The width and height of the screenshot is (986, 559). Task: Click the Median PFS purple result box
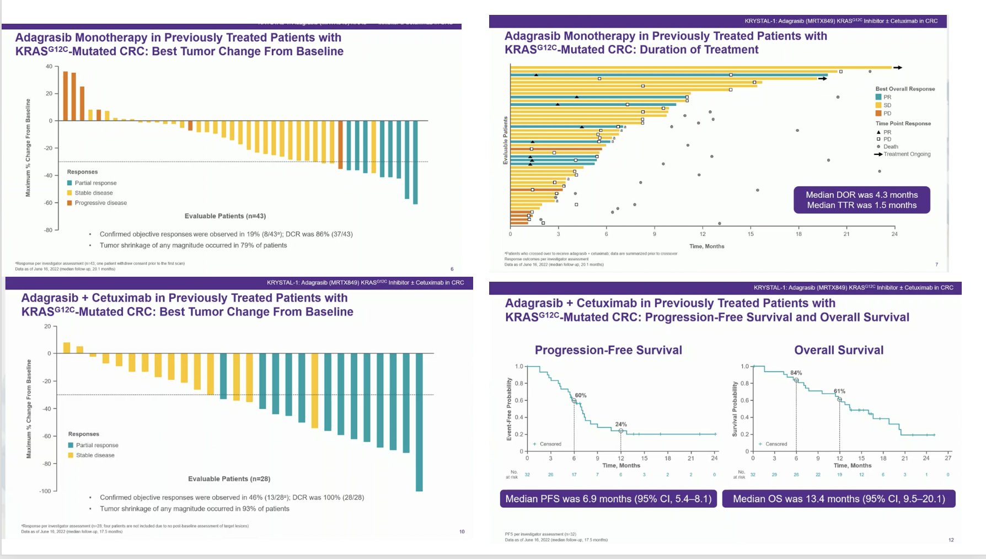pos(608,499)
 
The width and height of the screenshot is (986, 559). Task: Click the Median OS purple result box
pos(839,499)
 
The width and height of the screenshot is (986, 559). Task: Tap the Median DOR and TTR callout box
pos(861,200)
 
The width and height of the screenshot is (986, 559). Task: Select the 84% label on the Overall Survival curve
pos(796,373)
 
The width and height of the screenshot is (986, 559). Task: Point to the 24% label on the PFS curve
pos(621,424)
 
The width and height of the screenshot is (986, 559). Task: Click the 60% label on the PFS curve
pos(581,395)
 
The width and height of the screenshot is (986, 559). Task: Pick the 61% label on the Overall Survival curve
pos(839,391)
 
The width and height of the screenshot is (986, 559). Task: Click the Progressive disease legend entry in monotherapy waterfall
pos(100,203)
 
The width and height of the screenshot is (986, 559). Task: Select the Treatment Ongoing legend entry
pos(907,154)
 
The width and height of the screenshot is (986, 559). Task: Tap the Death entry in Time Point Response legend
pos(891,147)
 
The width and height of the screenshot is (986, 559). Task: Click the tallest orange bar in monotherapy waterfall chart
pos(66,95)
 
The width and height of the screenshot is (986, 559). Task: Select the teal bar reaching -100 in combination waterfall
pos(419,422)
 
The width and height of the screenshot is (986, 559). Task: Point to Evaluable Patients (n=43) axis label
pos(225,216)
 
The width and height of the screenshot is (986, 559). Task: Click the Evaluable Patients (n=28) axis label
pos(229,479)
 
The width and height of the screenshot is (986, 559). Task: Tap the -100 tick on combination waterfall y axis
pos(45,491)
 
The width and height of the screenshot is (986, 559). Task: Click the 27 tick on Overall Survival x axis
pos(948,458)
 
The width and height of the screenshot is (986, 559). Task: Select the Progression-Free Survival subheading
pos(608,350)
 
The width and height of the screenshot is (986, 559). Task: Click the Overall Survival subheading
pos(838,350)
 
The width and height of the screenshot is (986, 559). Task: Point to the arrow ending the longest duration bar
pos(898,68)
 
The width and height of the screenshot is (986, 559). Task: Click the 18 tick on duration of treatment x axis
pos(799,234)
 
